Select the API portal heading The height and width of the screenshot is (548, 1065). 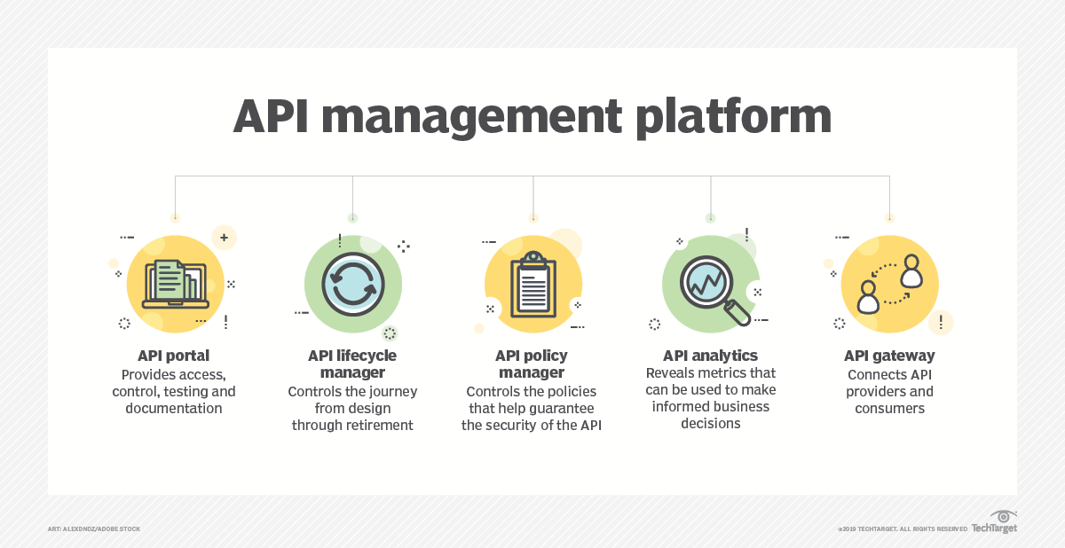pyautogui.click(x=174, y=356)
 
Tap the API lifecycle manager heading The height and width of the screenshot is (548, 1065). pyautogui.click(x=352, y=364)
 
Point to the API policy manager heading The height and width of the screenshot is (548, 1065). pyautogui.click(x=531, y=364)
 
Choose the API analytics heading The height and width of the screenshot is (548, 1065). pyautogui.click(x=710, y=356)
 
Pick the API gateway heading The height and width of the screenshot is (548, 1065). pyautogui.click(x=889, y=356)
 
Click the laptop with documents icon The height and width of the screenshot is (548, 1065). pyautogui.click(x=174, y=282)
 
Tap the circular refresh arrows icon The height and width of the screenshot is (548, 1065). pyautogui.click(x=353, y=284)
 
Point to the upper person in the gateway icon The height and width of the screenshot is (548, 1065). pyautogui.click(x=911, y=271)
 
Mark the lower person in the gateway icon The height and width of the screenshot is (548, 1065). pyautogui.click(x=868, y=297)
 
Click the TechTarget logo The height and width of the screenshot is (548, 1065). pyautogui.click(x=994, y=523)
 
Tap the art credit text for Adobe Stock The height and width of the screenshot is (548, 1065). pyautogui.click(x=94, y=529)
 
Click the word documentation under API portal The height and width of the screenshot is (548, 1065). pyautogui.click(x=174, y=408)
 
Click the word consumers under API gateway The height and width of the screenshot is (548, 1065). pyautogui.click(x=889, y=408)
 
